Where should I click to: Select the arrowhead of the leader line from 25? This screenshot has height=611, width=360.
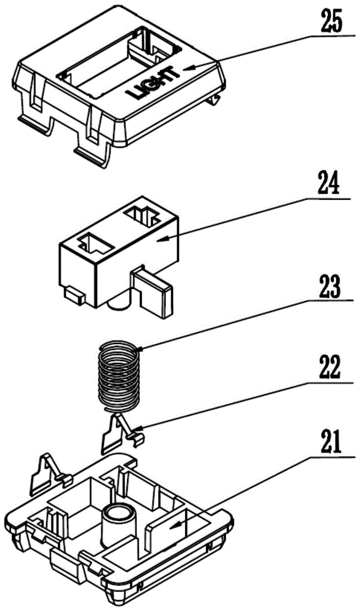pyautogui.click(x=187, y=69)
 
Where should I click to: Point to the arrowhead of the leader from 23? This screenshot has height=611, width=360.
pyautogui.click(x=140, y=349)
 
